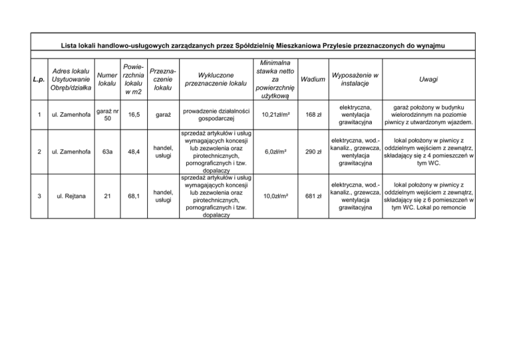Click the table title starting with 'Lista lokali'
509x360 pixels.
(253, 45)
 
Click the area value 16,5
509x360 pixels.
(134, 115)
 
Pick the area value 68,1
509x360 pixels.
(134, 197)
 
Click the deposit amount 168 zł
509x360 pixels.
(309, 115)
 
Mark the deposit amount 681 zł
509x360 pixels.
(309, 197)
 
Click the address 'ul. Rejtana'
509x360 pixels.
(69, 197)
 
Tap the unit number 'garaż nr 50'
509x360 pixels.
(107, 115)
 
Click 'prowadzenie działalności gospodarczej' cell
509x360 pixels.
(215, 115)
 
